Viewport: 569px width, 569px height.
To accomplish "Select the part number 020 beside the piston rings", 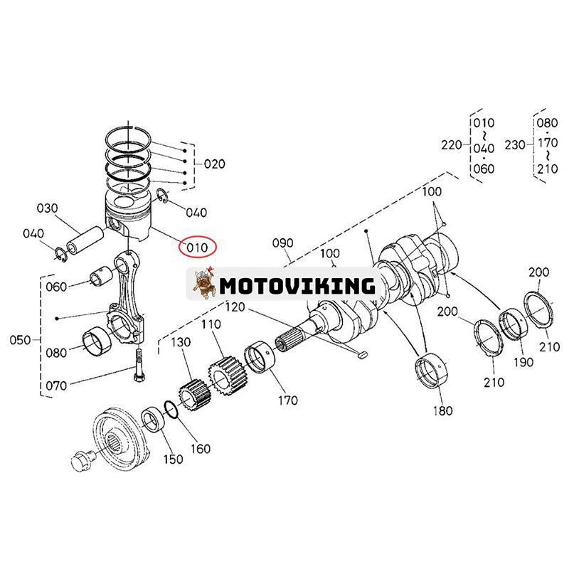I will coord(214,164).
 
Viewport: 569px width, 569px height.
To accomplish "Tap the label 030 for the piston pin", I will coord(48,208).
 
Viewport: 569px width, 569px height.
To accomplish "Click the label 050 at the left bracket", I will coord(21,340).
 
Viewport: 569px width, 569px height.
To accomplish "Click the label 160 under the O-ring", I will coord(201,448).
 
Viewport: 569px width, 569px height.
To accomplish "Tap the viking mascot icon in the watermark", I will coord(205,284).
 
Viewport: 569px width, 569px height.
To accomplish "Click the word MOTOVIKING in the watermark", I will coord(297,286).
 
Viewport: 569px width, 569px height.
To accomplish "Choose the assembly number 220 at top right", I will coord(451,145).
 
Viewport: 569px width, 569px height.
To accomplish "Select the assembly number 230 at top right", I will coord(515,145).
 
